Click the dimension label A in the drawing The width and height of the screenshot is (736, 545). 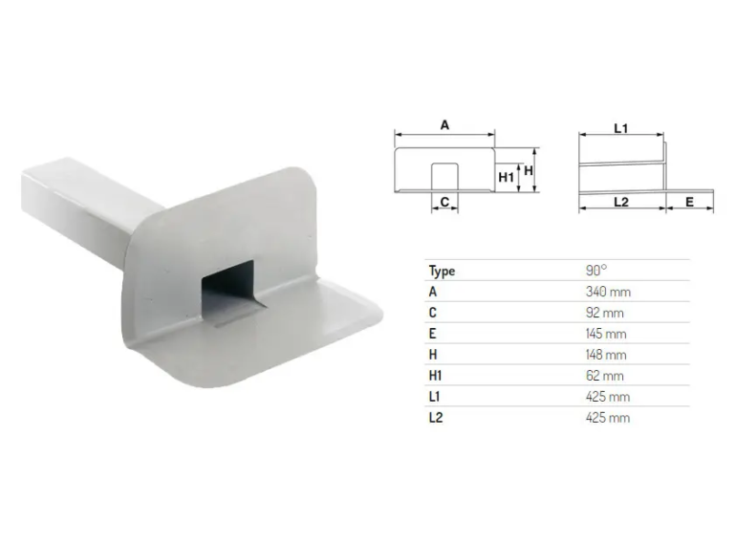pyautogui.click(x=444, y=125)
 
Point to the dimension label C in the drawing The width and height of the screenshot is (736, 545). pyautogui.click(x=444, y=202)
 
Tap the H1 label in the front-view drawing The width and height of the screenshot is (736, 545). pyautogui.click(x=506, y=177)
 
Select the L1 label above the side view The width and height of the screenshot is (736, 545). pyautogui.click(x=620, y=128)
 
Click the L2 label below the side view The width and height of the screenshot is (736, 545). pyautogui.click(x=620, y=202)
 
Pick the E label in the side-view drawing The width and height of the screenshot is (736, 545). pyautogui.click(x=689, y=202)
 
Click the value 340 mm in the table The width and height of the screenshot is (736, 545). pyautogui.click(x=608, y=292)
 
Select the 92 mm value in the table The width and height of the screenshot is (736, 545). pyautogui.click(x=604, y=313)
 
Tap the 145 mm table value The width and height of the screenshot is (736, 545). pyautogui.click(x=606, y=334)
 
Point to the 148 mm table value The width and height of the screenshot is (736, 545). pyautogui.click(x=606, y=355)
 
